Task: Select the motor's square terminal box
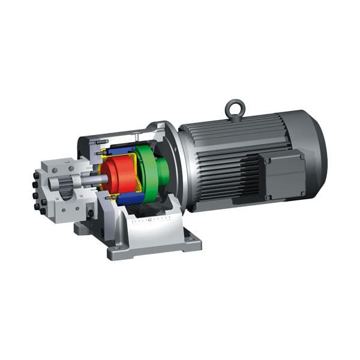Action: [283, 175]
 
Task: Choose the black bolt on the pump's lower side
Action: [91, 212]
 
